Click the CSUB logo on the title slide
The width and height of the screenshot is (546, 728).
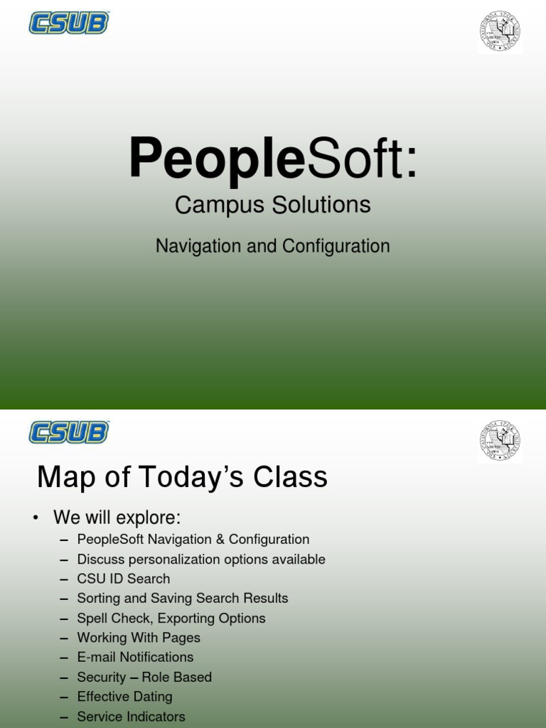click(68, 23)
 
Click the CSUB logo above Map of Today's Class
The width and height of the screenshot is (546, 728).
click(68, 432)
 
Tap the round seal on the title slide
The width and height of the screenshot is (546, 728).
click(500, 32)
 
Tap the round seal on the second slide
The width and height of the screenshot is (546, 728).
click(500, 441)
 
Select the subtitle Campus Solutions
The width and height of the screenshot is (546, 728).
click(272, 205)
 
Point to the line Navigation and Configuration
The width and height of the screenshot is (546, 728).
click(272, 246)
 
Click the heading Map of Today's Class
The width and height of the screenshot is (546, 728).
click(182, 477)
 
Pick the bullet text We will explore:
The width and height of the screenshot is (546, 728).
click(117, 517)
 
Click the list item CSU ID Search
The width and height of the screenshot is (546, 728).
click(124, 579)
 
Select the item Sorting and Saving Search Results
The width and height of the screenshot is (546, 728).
click(183, 598)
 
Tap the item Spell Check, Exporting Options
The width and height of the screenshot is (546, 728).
click(171, 618)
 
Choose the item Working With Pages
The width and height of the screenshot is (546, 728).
click(139, 638)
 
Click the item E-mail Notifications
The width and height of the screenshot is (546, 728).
click(135, 657)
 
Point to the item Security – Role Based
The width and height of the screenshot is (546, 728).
click(144, 677)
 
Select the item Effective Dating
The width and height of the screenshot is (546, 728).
click(124, 697)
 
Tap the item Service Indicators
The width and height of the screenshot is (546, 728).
click(131, 716)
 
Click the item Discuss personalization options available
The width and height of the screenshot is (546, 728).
click(201, 559)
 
